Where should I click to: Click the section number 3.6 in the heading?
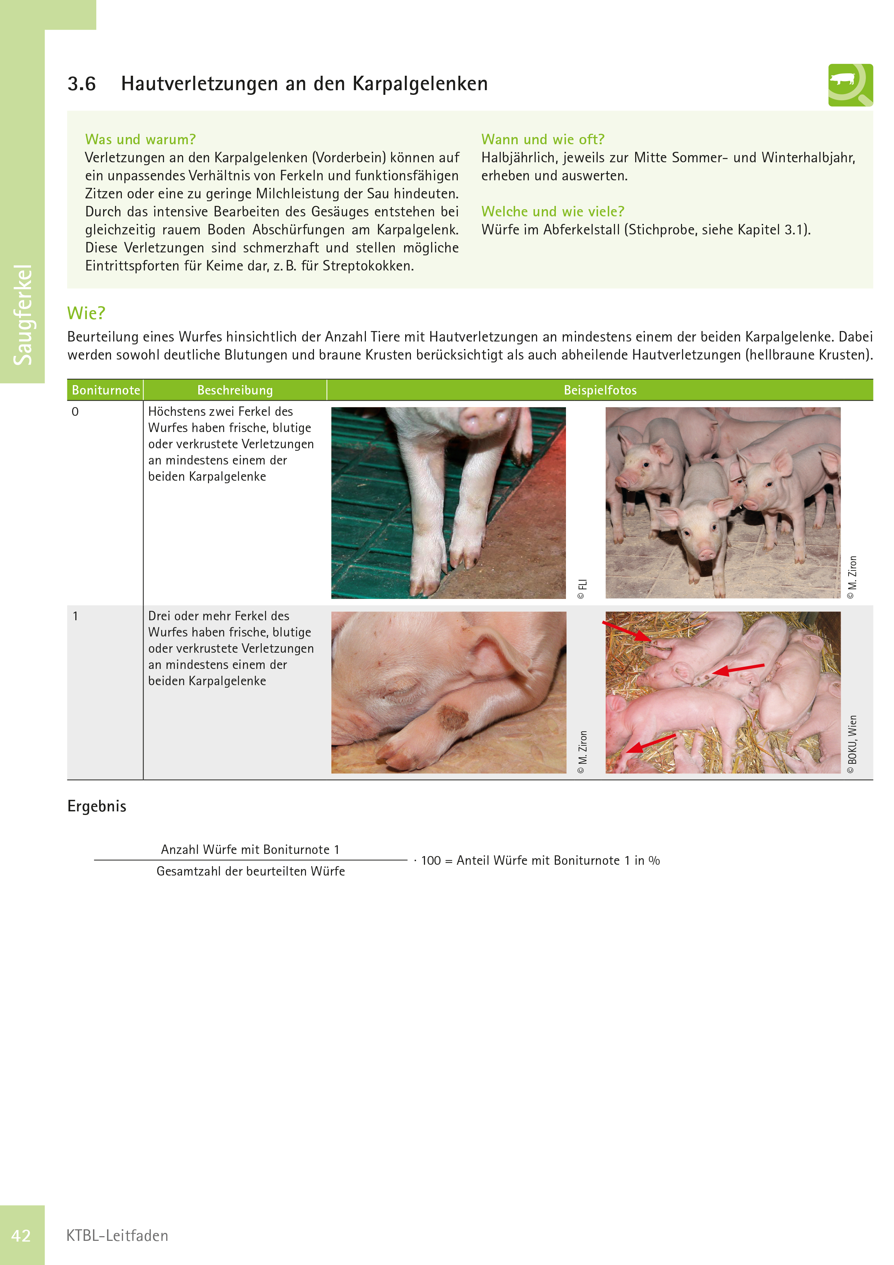[x=81, y=84]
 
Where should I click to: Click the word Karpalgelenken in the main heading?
[x=420, y=84]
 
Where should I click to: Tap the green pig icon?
[x=850, y=85]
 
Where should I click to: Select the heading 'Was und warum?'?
[x=141, y=140]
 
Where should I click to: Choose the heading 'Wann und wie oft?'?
[x=543, y=140]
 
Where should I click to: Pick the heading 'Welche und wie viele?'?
[x=553, y=212]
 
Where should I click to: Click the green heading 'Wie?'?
[x=86, y=313]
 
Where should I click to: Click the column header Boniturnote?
[x=106, y=390]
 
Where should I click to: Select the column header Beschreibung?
[x=235, y=390]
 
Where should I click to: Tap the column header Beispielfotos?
[x=600, y=390]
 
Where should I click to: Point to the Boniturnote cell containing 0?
[x=75, y=411]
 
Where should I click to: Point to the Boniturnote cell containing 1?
[x=75, y=616]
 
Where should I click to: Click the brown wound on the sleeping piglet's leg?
[x=452, y=718]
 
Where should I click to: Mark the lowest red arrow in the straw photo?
[x=651, y=743]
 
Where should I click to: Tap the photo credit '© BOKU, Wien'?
[x=852, y=744]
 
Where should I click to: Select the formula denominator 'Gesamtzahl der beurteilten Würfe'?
[x=251, y=871]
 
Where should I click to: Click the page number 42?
[x=21, y=1236]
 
